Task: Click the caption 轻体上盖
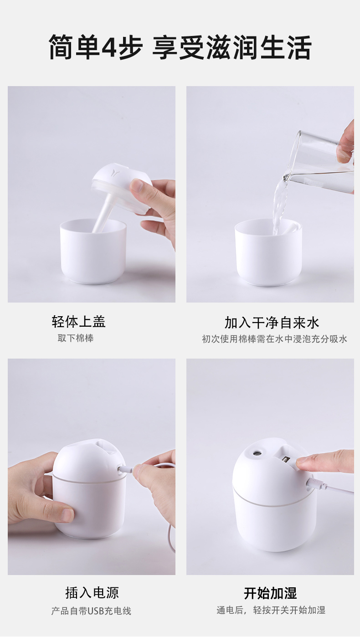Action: pos(78,322)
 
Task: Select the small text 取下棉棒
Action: pos(76,339)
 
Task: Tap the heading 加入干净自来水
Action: pos(272,323)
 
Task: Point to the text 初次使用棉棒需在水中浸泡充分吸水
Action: pos(274,339)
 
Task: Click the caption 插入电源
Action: pos(92,593)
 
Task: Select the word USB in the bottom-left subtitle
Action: pos(96,611)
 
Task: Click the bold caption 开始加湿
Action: pos(270,593)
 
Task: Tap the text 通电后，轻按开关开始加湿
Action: pos(271,610)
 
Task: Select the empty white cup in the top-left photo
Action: pos(93,253)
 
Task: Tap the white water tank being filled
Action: pos(268,255)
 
